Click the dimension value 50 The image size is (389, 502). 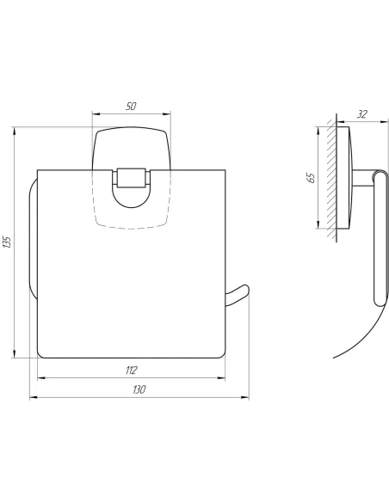(x=131, y=106)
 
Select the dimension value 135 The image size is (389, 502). (x=7, y=242)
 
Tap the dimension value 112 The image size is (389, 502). (x=132, y=370)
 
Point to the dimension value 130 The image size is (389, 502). (x=139, y=389)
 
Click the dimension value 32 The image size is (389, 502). (x=361, y=114)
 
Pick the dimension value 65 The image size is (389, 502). (x=311, y=178)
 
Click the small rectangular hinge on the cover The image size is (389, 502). (x=131, y=177)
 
